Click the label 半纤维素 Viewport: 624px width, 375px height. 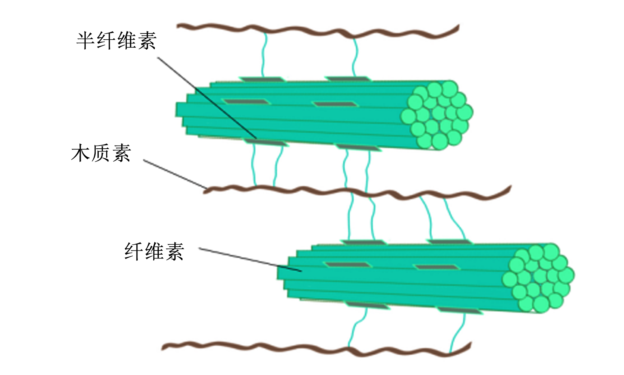(116, 41)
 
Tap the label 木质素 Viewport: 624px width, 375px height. (101, 153)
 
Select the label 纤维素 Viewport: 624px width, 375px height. (154, 251)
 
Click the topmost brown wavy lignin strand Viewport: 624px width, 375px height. (318, 30)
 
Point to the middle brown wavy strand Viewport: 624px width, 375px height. (357, 192)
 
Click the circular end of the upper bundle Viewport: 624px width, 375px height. (437, 115)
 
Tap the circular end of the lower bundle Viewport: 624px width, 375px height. (538, 278)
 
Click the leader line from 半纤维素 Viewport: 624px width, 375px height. (207, 98)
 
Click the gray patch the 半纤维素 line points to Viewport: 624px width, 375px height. (265, 142)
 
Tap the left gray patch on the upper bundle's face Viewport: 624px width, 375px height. (246, 102)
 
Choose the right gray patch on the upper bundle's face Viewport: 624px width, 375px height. (335, 104)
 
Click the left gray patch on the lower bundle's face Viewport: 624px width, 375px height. (347, 265)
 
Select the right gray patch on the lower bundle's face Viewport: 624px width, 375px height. (437, 267)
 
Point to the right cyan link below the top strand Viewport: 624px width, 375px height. (355, 57)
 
